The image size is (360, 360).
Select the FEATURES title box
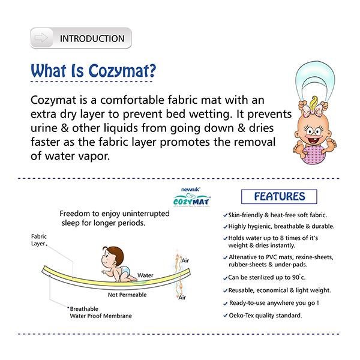tap(279, 197)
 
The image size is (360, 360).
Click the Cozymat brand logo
tap(190, 197)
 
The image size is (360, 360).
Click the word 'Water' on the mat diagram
tap(146, 275)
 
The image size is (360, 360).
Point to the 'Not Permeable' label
tap(129, 295)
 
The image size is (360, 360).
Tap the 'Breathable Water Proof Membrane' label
tap(99, 311)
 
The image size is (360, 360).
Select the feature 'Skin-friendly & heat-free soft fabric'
tap(282, 215)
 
